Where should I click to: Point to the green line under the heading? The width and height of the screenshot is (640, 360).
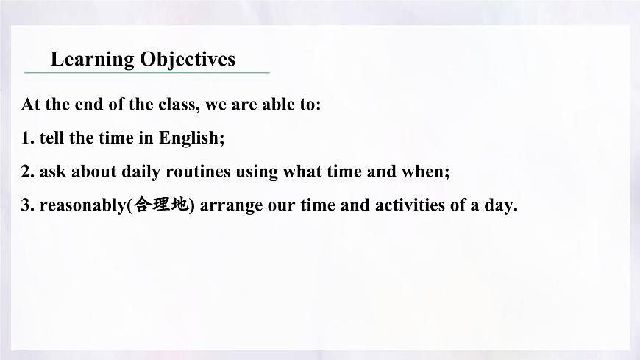[x=147, y=73]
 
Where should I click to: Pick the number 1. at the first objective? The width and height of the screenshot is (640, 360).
[x=28, y=138]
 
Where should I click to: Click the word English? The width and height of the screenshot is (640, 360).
[x=191, y=138]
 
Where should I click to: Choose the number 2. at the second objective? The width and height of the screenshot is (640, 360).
[x=28, y=172]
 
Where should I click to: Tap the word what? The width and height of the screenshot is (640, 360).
[x=305, y=172]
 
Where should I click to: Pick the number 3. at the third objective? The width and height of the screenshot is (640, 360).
[x=28, y=205]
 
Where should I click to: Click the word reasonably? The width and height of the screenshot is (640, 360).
[x=83, y=205]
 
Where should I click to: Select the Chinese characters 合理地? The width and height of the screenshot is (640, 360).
[x=160, y=205]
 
